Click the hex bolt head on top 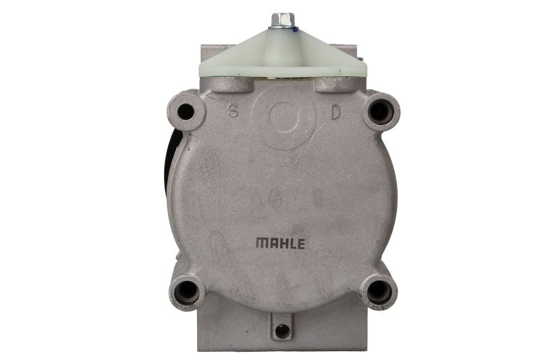283,20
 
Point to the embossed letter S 234,111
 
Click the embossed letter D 335,112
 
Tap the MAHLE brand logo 280,243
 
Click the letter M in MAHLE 262,242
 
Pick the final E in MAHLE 301,244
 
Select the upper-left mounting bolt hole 186,111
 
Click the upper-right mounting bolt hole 380,111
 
